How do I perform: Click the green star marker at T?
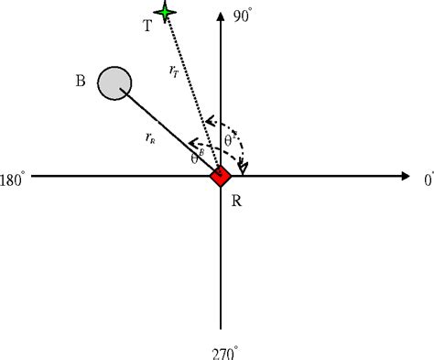165,11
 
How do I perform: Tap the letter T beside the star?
147,26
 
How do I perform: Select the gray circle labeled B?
114,82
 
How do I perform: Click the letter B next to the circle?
81,82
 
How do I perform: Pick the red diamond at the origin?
220,176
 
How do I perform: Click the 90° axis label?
242,16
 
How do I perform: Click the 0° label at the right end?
428,180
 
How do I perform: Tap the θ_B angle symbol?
196,158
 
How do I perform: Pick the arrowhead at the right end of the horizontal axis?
406,176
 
